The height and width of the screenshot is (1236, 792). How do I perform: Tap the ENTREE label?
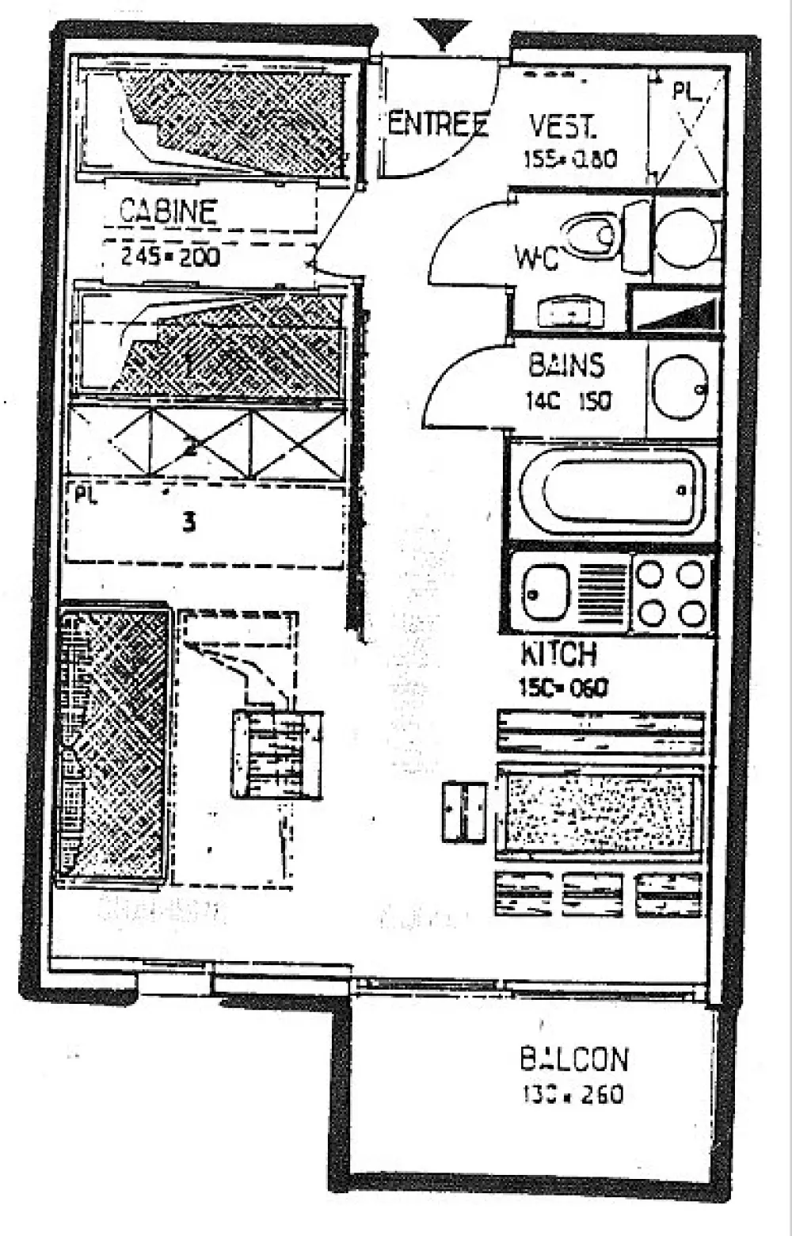[436, 124]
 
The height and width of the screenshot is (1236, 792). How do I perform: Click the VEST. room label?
[562, 127]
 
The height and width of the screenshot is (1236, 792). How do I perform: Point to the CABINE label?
[168, 211]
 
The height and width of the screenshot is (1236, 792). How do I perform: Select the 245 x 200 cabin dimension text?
[170, 257]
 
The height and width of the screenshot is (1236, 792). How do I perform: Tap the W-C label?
[536, 257]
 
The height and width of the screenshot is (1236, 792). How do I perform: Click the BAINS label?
[566, 365]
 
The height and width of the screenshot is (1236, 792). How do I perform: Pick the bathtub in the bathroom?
[612, 490]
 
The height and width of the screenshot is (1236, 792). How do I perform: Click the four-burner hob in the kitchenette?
[671, 593]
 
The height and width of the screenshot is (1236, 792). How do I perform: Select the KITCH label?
[558, 654]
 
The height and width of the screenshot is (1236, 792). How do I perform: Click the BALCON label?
[574, 1059]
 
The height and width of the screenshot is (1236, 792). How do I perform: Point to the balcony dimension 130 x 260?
[573, 1094]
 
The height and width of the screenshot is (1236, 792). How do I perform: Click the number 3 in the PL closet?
[188, 522]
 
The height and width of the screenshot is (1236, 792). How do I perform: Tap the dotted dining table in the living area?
[600, 811]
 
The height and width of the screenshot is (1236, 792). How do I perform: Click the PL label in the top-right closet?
[686, 91]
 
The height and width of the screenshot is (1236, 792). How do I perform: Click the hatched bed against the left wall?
[112, 745]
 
